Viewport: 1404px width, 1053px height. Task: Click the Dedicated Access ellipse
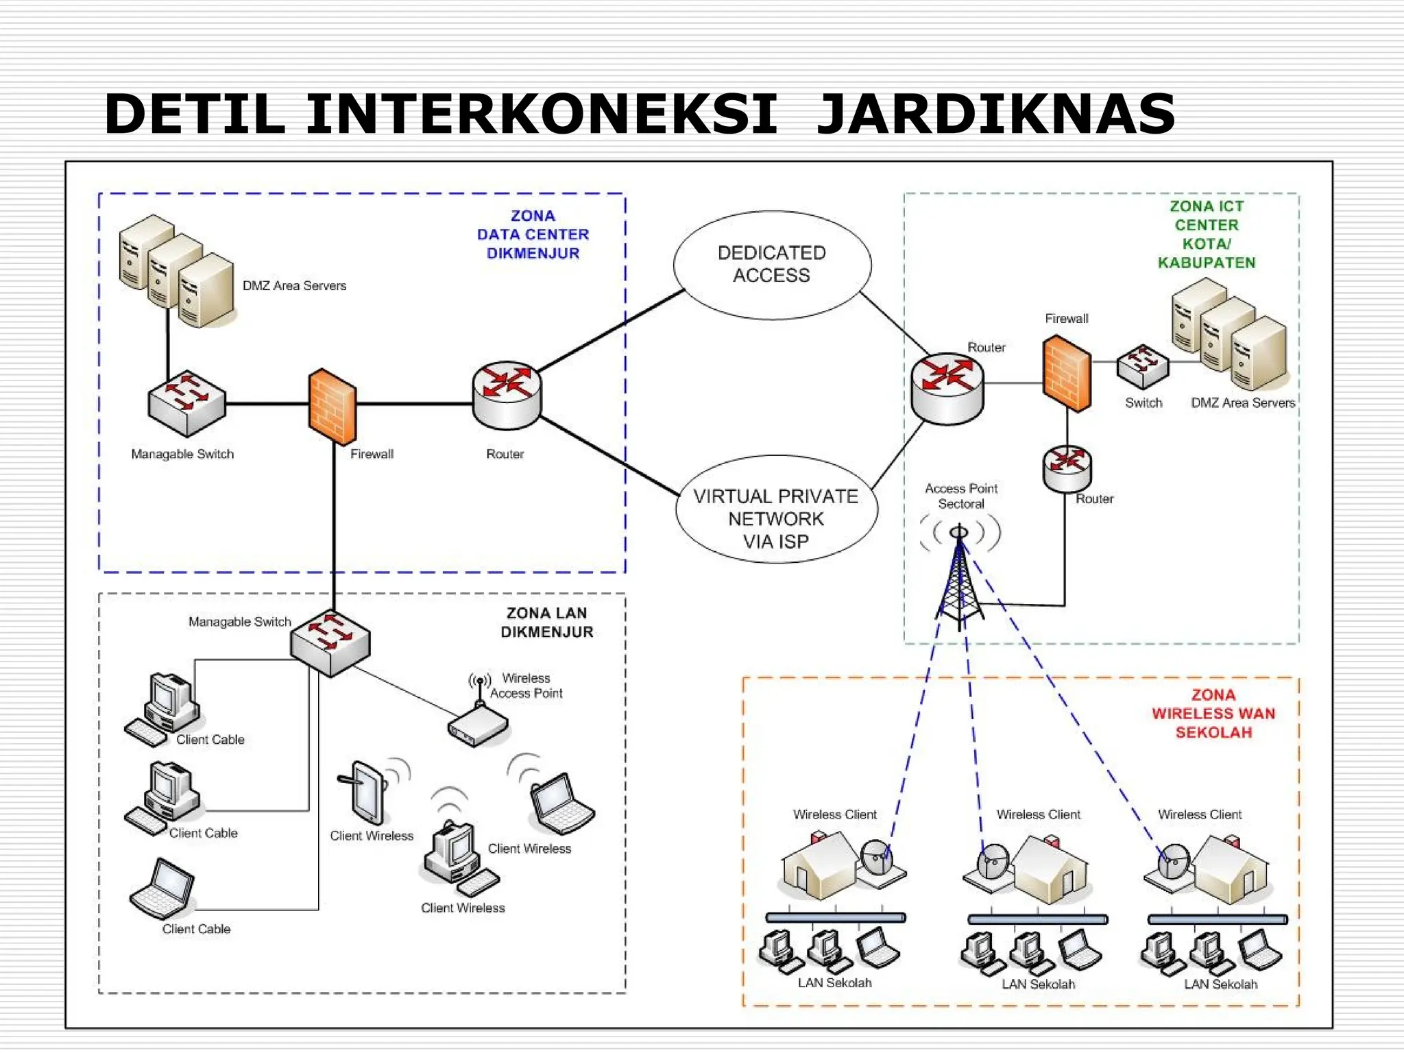click(x=772, y=265)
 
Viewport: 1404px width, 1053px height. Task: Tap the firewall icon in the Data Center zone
click(x=332, y=407)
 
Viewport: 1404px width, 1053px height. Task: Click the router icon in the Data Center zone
click(x=507, y=396)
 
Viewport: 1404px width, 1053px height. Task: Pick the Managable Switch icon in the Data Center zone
click(x=186, y=403)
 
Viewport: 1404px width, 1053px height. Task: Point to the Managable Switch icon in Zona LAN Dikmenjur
click(x=330, y=642)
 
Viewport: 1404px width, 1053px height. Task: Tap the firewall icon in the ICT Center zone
click(x=1067, y=374)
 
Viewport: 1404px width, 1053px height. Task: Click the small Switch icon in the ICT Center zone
click(x=1142, y=366)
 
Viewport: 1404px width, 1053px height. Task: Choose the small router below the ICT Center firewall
click(x=1067, y=468)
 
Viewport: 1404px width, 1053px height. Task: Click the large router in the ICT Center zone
click(x=947, y=388)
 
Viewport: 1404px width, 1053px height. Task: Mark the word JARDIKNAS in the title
click(x=995, y=114)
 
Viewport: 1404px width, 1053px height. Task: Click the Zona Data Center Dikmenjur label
click(x=533, y=234)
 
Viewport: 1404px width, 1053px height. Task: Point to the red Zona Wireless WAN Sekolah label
click(x=1213, y=714)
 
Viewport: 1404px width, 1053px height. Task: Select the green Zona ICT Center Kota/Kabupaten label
click(x=1207, y=234)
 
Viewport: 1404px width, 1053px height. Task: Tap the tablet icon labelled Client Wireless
click(x=368, y=791)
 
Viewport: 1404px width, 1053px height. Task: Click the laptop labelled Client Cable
click(x=162, y=888)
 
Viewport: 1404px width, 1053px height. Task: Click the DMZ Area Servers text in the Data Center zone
click(x=294, y=286)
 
